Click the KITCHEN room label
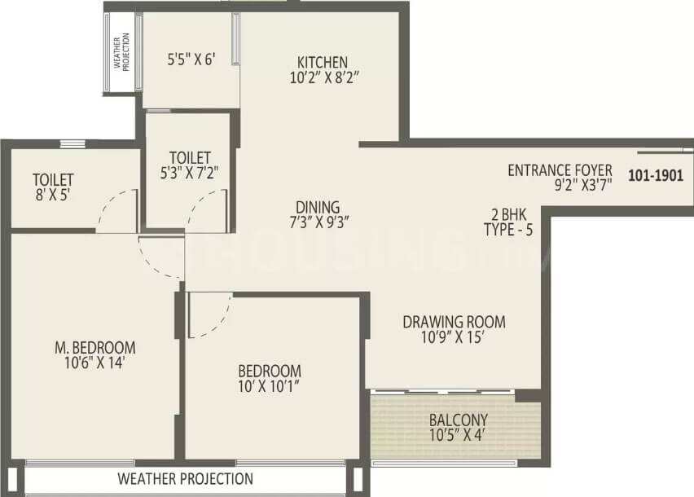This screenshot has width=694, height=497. pyautogui.click(x=322, y=62)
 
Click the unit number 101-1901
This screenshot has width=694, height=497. pyautogui.click(x=656, y=174)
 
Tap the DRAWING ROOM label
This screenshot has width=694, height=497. pyautogui.click(x=454, y=320)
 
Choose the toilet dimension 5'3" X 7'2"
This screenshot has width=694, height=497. pyautogui.click(x=191, y=173)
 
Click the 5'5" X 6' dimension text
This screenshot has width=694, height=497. pyautogui.click(x=191, y=59)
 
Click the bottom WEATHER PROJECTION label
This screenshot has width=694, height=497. pyautogui.click(x=186, y=478)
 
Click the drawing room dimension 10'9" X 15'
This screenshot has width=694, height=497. pyautogui.click(x=454, y=338)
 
